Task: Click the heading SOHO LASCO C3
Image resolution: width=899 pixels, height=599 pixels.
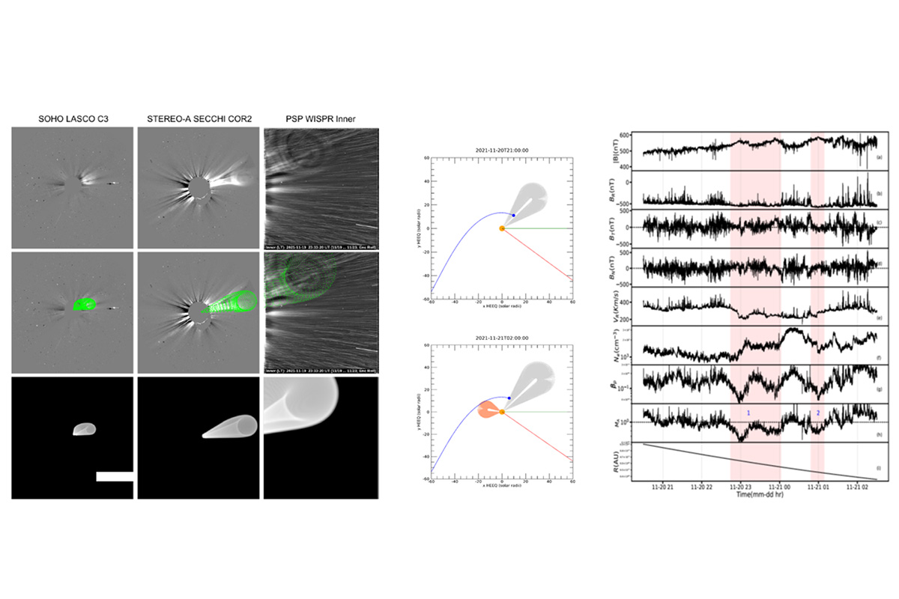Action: pos(72,119)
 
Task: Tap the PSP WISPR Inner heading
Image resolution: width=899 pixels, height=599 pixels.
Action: pos(321,119)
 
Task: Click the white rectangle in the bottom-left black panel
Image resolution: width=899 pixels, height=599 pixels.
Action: pos(115,476)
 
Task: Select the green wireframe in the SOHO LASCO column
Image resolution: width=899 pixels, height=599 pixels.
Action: pos(86,305)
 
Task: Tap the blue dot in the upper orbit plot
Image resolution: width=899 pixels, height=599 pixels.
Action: pos(513,216)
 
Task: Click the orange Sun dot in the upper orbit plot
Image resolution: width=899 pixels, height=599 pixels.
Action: pos(502,228)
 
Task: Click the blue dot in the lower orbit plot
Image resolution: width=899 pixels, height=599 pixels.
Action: pos(510,398)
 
